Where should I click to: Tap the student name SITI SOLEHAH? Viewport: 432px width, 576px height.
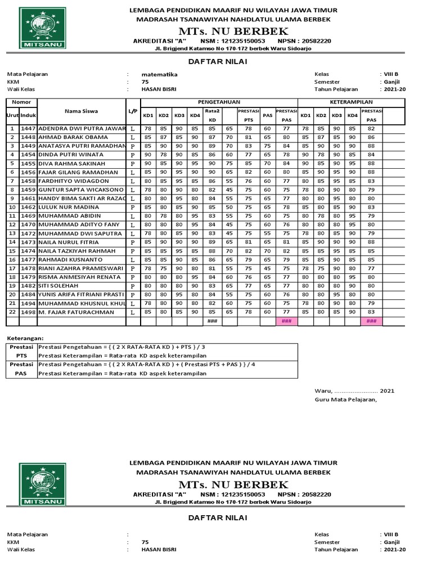point(58,286)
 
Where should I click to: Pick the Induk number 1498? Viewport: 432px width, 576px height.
point(28,312)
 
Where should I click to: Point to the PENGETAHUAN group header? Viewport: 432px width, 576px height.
point(219,102)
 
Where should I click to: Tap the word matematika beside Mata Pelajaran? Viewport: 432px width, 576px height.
point(160,74)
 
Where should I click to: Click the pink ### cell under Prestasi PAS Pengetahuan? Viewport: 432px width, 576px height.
point(286,321)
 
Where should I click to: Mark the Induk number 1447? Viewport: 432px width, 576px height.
point(28,129)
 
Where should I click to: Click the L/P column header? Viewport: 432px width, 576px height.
point(133,111)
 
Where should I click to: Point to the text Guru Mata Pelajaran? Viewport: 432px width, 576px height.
point(346,400)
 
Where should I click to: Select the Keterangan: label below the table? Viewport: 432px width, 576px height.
point(25,339)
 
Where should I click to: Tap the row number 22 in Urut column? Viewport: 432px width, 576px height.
point(12,312)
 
